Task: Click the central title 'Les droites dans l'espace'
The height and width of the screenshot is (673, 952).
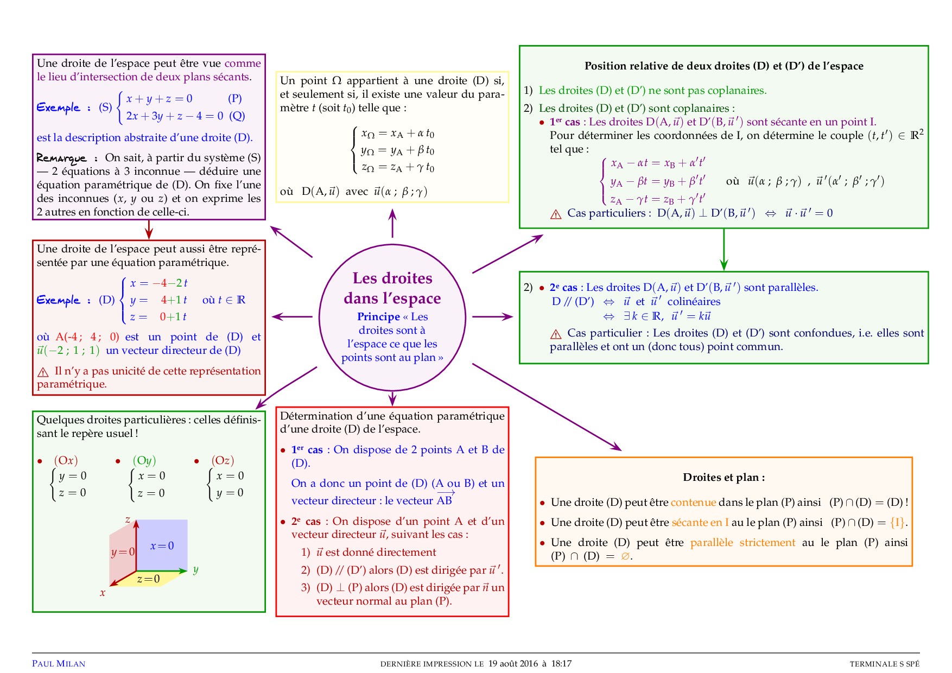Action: (392, 288)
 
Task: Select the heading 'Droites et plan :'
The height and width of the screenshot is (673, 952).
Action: (723, 478)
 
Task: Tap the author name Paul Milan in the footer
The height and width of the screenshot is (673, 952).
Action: (59, 663)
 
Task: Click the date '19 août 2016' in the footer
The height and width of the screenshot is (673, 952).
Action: (513, 663)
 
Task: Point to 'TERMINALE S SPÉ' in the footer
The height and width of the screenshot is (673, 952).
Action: (884, 664)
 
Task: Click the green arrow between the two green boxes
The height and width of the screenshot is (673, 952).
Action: (723, 250)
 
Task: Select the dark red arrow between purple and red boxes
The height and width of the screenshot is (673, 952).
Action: (149, 229)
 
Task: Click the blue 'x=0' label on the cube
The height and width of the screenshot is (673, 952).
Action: (162, 546)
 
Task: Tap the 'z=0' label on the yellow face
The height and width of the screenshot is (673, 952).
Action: (148, 579)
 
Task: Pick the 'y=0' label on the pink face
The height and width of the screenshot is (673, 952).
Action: (123, 553)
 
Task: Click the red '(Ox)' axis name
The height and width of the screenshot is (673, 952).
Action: (66, 461)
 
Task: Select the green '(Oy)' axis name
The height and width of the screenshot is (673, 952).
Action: (144, 461)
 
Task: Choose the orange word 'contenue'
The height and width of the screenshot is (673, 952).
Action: (693, 503)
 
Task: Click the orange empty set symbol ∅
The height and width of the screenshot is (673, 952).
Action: (625, 556)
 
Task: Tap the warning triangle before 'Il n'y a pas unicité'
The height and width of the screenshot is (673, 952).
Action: (43, 372)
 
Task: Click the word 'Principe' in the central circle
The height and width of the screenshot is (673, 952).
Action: (378, 317)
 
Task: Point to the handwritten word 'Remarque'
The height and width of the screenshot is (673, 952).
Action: (61, 158)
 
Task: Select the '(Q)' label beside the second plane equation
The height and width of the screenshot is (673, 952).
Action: (237, 116)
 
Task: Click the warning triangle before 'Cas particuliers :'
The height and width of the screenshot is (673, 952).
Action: (556, 214)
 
